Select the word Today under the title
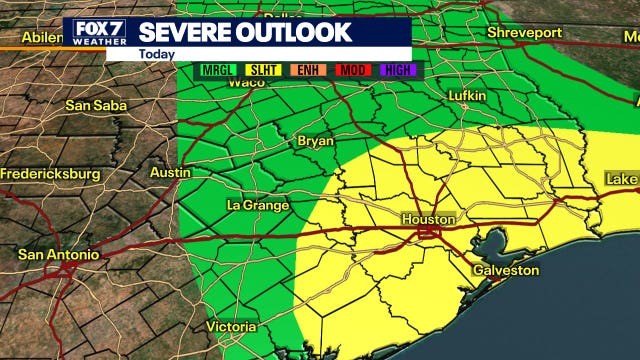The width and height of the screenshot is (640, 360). tap(157, 54)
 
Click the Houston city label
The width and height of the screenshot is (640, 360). tap(428, 219)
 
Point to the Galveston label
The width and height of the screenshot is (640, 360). tap(505, 270)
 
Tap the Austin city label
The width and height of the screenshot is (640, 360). tap(169, 172)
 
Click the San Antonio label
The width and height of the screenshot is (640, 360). tap(59, 255)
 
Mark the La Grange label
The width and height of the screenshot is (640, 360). tap(258, 205)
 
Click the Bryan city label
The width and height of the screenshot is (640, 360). tap(316, 141)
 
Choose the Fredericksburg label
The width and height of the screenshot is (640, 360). tap(51, 174)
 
